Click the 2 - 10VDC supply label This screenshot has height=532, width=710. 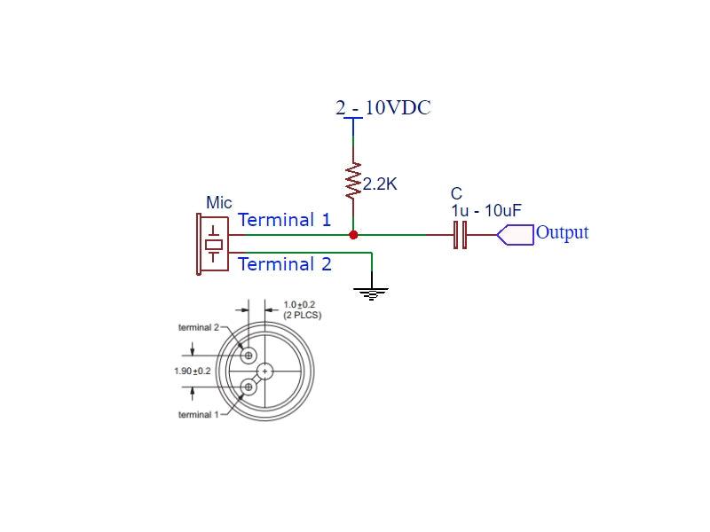(x=383, y=108)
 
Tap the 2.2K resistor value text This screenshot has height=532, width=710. (x=380, y=184)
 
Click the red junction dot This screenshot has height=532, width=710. (x=353, y=235)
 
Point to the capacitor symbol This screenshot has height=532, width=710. (x=460, y=235)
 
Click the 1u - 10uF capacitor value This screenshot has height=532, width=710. (x=485, y=210)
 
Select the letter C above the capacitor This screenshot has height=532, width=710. (x=456, y=194)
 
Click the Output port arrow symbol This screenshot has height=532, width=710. (x=516, y=235)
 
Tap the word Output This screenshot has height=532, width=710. (x=562, y=233)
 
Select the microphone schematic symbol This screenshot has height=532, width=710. (x=212, y=243)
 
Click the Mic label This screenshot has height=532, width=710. (x=218, y=203)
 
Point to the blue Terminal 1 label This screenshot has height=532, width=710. (x=284, y=220)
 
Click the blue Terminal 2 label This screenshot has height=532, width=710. (x=284, y=264)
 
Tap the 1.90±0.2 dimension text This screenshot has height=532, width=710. (x=193, y=371)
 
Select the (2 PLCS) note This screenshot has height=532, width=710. (x=303, y=316)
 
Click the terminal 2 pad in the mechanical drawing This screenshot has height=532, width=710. (x=248, y=356)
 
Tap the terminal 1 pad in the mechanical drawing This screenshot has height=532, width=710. (x=248, y=386)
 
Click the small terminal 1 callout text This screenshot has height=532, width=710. (x=196, y=415)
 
